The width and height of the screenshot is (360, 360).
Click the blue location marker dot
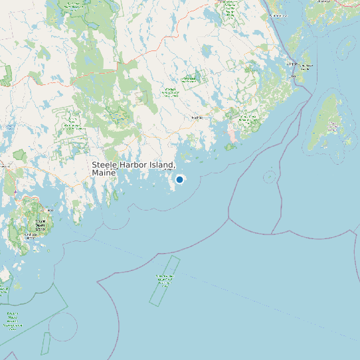pos(179,179)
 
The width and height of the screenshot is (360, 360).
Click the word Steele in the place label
pos(104,165)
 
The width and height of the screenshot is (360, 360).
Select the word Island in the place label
pos(162,165)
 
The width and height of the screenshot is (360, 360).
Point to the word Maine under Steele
pos(104,173)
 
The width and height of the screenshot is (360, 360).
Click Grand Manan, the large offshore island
pos(329,123)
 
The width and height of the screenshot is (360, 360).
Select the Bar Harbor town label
pos(30,234)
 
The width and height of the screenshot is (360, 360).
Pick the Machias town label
pos(197,118)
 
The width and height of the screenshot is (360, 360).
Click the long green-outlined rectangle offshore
pos(164,280)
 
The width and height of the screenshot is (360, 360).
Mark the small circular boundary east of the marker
pos(270,176)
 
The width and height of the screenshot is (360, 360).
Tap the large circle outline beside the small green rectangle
pos(63,326)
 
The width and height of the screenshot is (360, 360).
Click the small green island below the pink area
pos(230,147)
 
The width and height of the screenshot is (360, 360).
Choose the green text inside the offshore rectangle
pos(164,278)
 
